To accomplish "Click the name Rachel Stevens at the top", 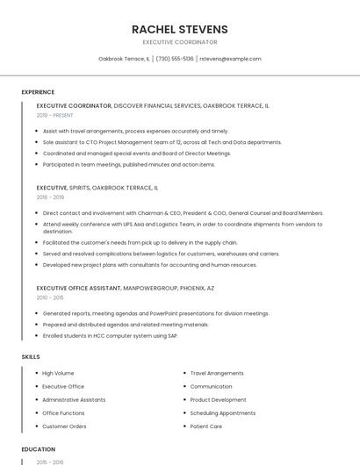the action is pyautogui.click(x=179, y=29).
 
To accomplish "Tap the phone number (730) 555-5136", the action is pyautogui.click(x=175, y=59).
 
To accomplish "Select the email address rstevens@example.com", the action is pyautogui.click(x=230, y=59).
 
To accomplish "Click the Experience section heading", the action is pyautogui.click(x=38, y=92).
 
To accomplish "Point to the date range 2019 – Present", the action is pyautogui.click(x=55, y=115).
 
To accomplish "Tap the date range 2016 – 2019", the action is pyautogui.click(x=51, y=197).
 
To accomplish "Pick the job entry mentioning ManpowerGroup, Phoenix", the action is pyautogui.click(x=126, y=288).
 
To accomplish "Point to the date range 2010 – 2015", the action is pyautogui.click(x=51, y=297).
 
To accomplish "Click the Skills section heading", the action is pyautogui.click(x=31, y=357).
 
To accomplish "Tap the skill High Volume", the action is pyautogui.click(x=58, y=373).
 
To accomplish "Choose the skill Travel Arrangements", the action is pyautogui.click(x=217, y=373).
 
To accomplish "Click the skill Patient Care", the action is pyautogui.click(x=206, y=426).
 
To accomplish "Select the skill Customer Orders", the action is pyautogui.click(x=64, y=426).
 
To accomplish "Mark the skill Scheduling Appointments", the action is pyautogui.click(x=223, y=413).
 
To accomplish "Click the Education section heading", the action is pyautogui.click(x=38, y=449).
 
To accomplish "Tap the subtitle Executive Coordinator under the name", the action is pyautogui.click(x=179, y=42).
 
